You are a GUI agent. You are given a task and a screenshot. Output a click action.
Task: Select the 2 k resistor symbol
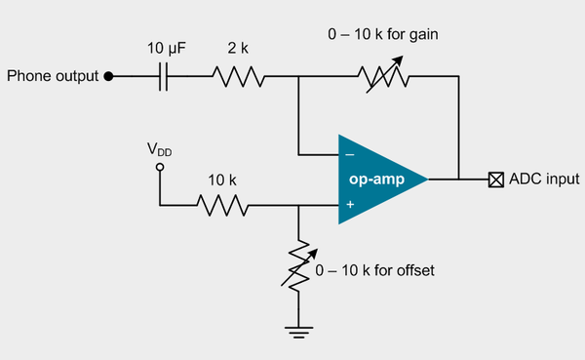pyautogui.click(x=236, y=76)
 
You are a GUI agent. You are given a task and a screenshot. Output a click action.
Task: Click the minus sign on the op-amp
pyautogui.click(x=349, y=153)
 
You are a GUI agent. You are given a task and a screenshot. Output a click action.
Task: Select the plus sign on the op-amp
pyautogui.click(x=349, y=205)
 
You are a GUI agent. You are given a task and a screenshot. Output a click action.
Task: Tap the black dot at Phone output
pyautogui.click(x=109, y=76)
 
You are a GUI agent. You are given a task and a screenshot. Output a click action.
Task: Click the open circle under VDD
pyautogui.click(x=161, y=168)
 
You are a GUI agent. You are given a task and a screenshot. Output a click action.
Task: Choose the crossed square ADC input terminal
pyautogui.click(x=496, y=180)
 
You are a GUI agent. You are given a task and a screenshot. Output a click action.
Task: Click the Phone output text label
pyautogui.click(x=53, y=76)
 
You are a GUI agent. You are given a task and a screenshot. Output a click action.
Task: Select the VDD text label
pyautogui.click(x=161, y=149)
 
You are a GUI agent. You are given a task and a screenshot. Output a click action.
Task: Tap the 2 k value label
pyautogui.click(x=236, y=47)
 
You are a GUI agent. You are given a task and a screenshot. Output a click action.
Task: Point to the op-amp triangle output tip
pyautogui.click(x=427, y=180)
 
